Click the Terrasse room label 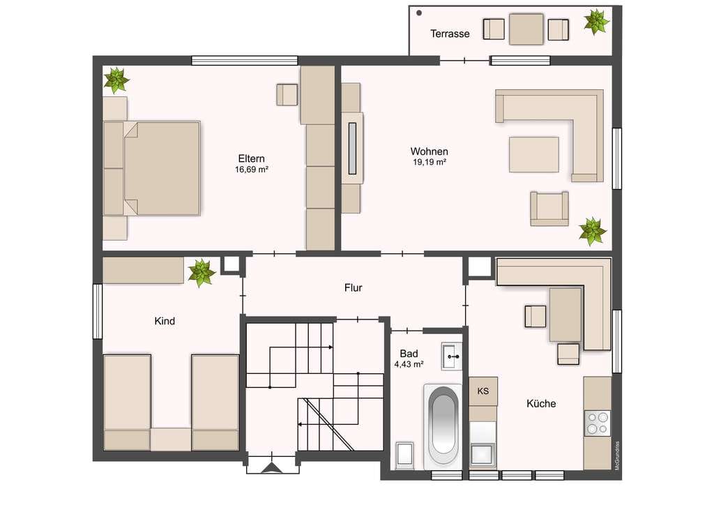450,33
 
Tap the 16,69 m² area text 251,170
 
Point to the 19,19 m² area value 430,163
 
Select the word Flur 354,288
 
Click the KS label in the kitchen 483,391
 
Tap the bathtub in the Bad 443,425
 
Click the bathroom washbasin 452,356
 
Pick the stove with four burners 598,423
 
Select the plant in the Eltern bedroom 116,80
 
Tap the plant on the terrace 597,22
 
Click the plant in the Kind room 201,273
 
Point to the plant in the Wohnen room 593,232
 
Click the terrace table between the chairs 526,29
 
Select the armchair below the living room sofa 549,209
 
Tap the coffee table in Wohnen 534,155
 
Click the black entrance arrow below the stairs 272,469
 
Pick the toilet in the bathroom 404,455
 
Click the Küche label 541,403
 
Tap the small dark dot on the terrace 419,13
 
